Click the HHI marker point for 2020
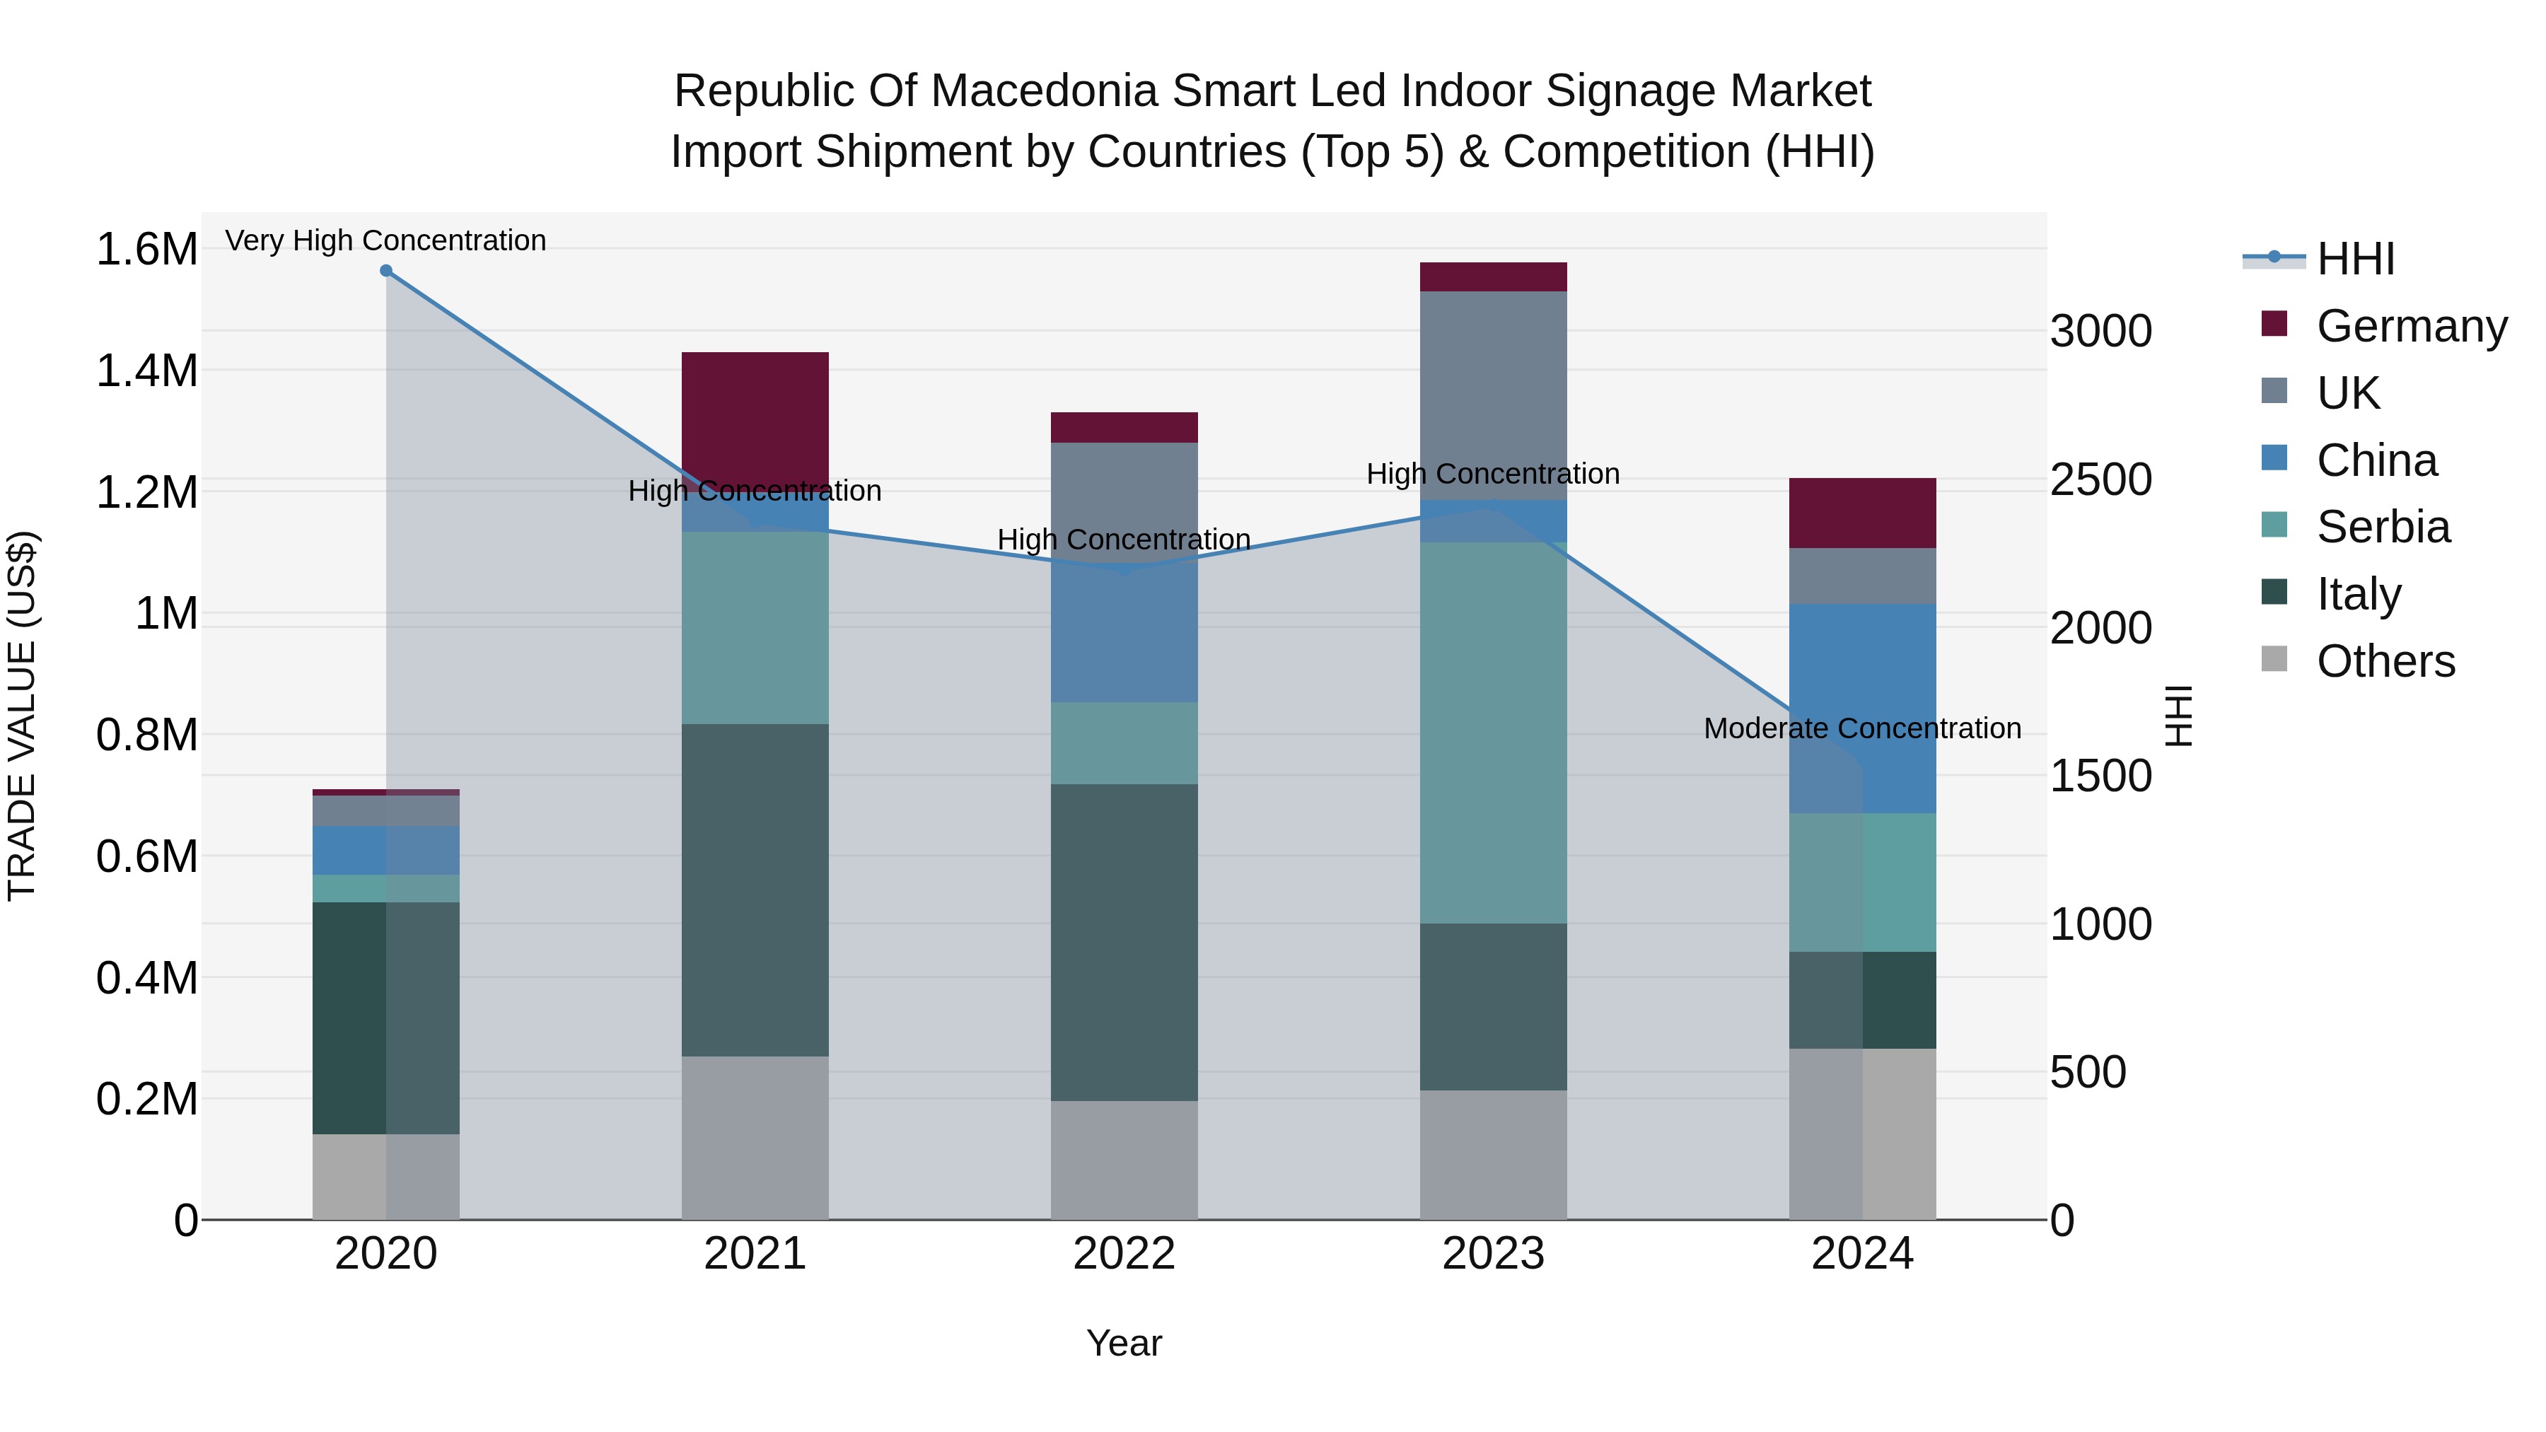386,271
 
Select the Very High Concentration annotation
385,240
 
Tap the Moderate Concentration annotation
1862,728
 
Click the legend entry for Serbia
2383,527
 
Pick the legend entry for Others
2385,661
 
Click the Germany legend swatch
2274,324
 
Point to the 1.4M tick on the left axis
146,371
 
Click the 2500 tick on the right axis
2100,479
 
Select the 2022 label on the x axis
1124,1254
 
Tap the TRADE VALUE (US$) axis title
22,716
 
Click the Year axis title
1124,1343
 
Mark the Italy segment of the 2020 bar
386,1017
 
